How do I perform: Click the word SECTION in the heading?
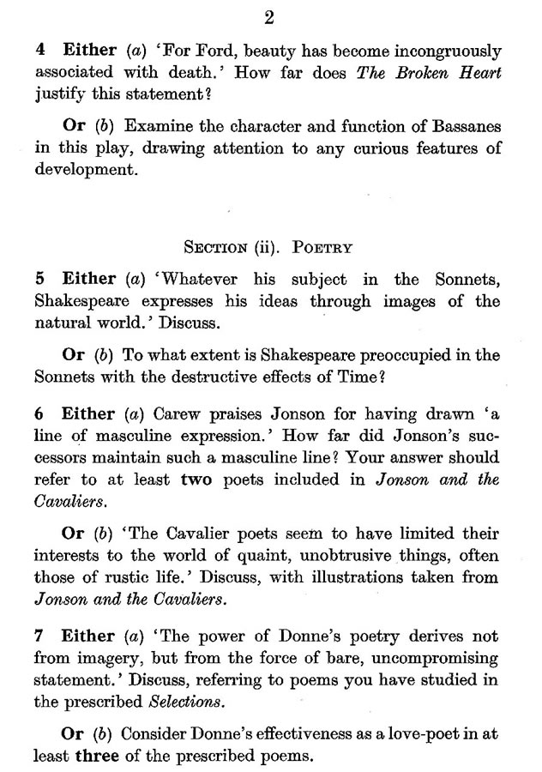pos(215,249)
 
